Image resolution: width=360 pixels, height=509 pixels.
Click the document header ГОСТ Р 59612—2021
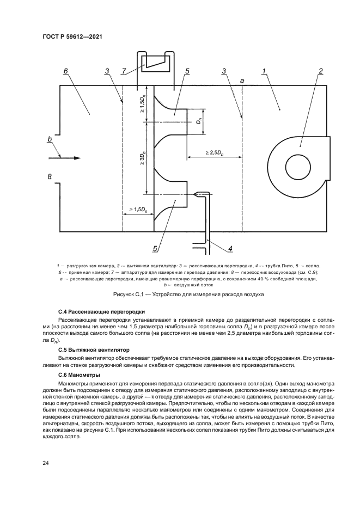coord(72,36)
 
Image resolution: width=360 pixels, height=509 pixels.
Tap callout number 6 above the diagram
coord(65,71)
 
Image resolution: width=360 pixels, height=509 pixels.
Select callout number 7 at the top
coord(124,71)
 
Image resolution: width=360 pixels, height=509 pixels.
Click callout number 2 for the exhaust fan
coord(321,71)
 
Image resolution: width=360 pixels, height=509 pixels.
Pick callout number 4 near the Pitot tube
coord(230,249)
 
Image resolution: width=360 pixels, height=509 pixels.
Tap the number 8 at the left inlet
coord(50,176)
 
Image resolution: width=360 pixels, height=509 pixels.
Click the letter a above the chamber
coord(242,80)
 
